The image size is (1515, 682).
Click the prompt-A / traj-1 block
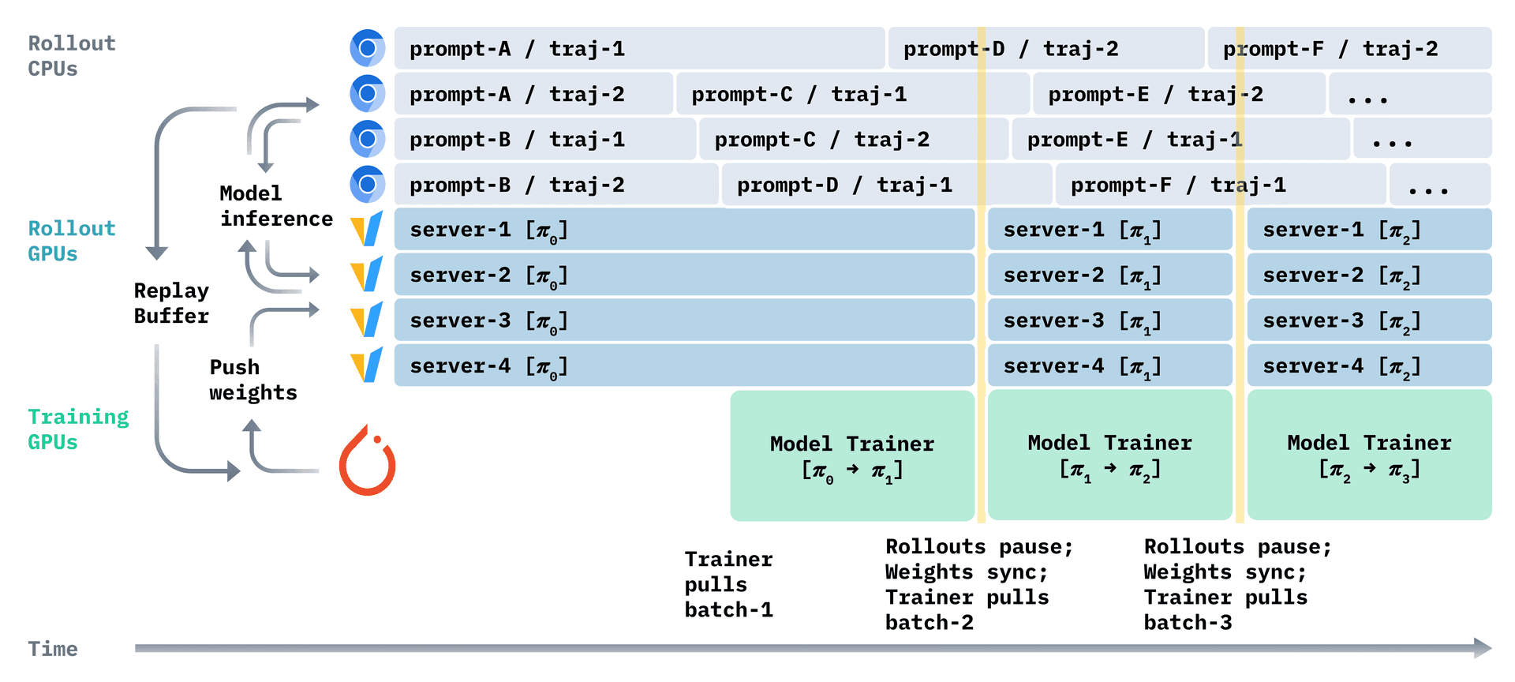(639, 49)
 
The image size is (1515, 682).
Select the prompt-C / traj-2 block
(853, 140)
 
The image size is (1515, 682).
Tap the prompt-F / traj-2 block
(1349, 49)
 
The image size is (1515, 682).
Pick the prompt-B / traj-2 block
(556, 185)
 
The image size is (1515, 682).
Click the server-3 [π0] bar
(683, 320)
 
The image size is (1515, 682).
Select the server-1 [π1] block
(1109, 230)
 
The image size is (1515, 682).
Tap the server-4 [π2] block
(1369, 365)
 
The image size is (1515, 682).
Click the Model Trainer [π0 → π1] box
(852, 455)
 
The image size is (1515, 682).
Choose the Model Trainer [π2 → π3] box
(1369, 455)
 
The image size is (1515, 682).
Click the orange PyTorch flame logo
(368, 462)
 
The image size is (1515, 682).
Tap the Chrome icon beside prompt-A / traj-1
(367, 49)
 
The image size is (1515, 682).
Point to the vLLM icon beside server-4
(367, 365)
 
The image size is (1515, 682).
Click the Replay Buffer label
(171, 303)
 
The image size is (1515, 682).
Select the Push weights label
(252, 380)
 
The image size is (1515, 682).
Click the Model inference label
(275, 206)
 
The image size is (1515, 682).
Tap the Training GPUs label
(77, 429)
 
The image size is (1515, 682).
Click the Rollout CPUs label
(71, 56)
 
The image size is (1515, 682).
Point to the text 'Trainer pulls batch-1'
(728, 584)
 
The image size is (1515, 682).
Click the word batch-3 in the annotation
(1188, 623)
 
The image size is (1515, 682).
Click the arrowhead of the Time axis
(1482, 648)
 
